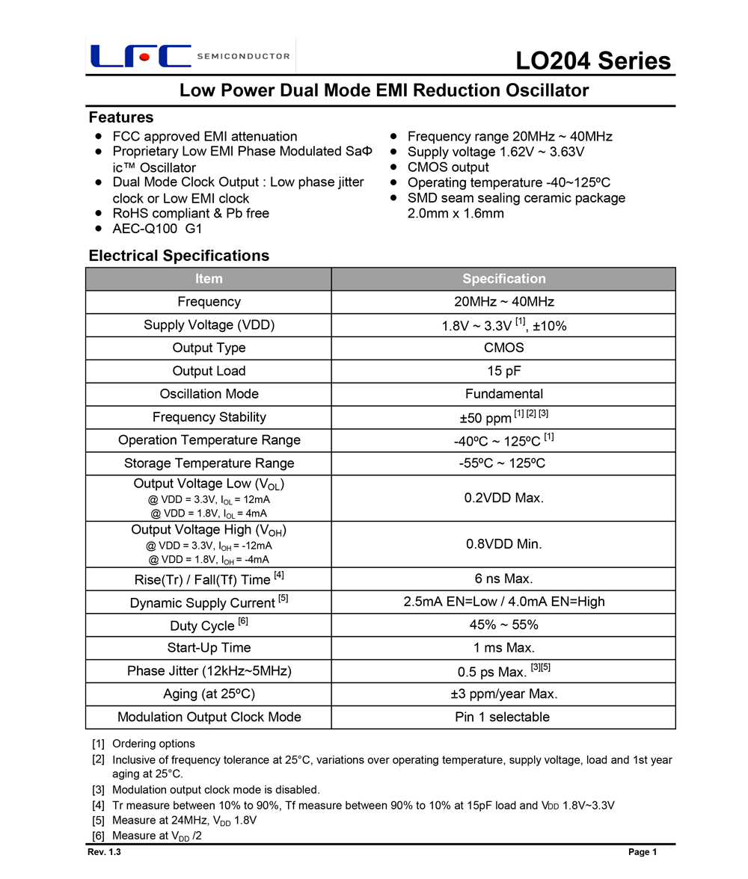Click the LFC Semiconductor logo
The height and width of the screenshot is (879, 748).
coord(190,56)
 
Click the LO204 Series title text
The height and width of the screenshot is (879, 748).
coord(592,61)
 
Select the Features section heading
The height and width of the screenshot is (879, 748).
coord(120,117)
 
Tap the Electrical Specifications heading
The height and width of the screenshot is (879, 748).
coord(179,256)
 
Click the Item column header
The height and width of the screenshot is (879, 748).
coord(209,279)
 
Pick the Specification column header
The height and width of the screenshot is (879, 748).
coord(503,279)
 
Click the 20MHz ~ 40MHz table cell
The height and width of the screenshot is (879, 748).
coord(503,302)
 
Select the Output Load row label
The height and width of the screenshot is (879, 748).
coord(209,371)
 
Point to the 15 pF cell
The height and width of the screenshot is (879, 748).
coord(503,371)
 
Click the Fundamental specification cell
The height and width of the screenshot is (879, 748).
coord(503,394)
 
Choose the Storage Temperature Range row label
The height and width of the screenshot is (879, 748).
coord(209,463)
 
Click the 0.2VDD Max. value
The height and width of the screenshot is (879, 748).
coord(503,498)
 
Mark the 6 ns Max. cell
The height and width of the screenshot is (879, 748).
coord(503,579)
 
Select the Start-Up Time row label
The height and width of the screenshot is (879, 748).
coord(209,647)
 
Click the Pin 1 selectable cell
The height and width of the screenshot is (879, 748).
coord(503,717)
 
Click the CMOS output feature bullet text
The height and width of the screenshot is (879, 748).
coord(448,167)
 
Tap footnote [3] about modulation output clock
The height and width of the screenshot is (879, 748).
coord(215,789)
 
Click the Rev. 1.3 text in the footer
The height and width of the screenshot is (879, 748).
coord(104,853)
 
